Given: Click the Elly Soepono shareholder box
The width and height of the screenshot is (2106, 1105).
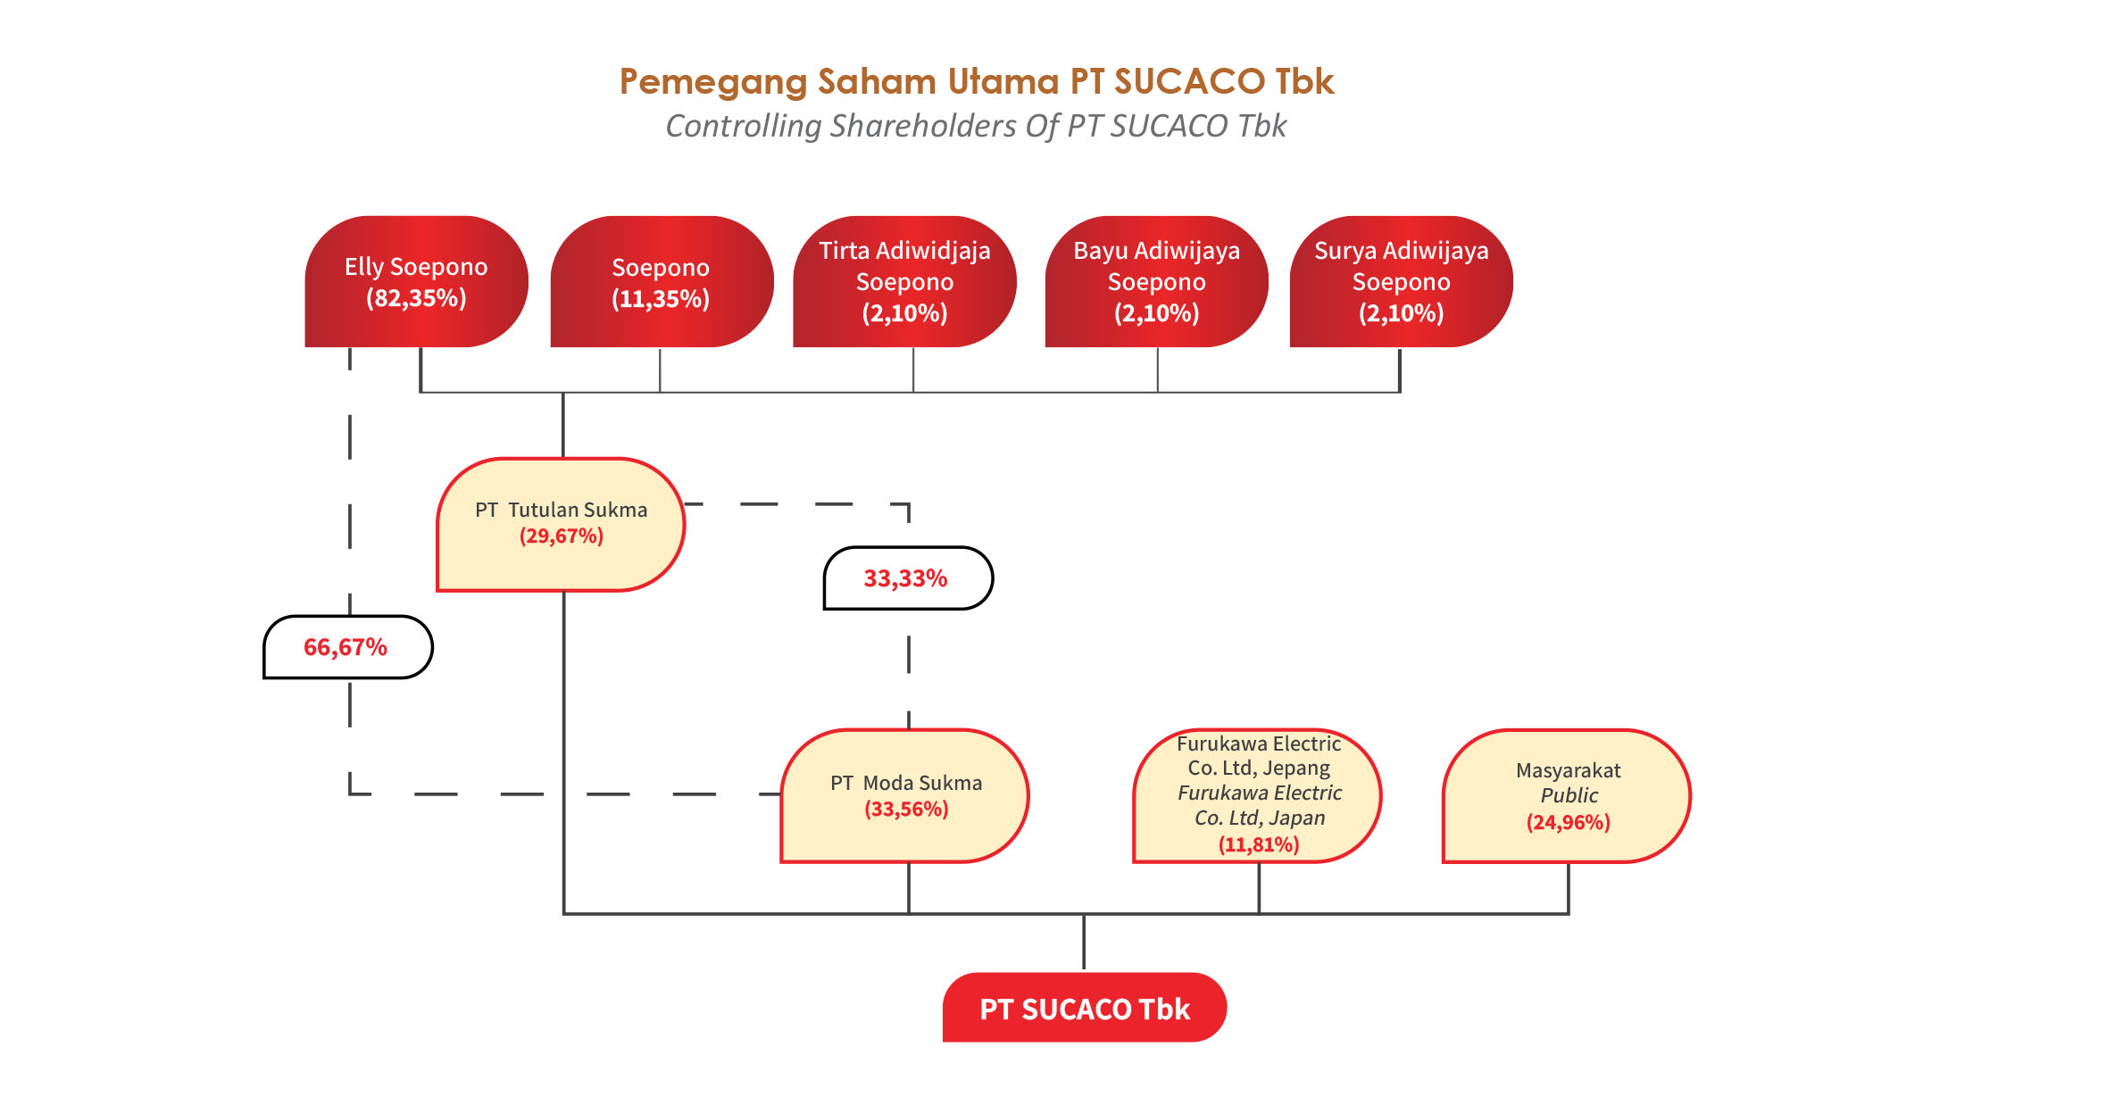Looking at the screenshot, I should (416, 281).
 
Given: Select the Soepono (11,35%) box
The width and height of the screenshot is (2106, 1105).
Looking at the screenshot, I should (661, 281).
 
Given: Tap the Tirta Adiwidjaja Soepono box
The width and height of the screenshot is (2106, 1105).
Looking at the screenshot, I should (904, 281).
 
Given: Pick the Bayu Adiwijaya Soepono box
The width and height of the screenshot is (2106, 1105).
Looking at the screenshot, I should (1156, 281).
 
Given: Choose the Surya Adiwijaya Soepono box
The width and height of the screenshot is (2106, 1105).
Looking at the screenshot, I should (1401, 281).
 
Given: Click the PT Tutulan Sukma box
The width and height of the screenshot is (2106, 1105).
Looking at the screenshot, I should (561, 524).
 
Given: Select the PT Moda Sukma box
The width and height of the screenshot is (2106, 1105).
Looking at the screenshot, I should (905, 795).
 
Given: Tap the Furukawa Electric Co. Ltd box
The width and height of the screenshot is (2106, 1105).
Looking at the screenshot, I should (1258, 793).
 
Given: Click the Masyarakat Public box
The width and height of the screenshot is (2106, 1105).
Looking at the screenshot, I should (1567, 795).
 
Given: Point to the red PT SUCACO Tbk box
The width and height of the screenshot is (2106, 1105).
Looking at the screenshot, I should (1084, 1008).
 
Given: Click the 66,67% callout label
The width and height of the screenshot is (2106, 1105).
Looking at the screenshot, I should (346, 647).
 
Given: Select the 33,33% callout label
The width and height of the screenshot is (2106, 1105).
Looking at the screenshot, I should (906, 578).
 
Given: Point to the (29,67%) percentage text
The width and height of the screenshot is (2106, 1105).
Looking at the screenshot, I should (562, 536).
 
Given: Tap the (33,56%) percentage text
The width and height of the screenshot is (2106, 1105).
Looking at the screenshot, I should (906, 810).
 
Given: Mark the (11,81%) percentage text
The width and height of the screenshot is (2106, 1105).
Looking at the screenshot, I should (1259, 844).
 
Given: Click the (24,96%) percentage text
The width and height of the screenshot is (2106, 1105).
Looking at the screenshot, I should (1569, 822).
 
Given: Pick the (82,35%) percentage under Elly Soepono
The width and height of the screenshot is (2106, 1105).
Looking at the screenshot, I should (416, 298).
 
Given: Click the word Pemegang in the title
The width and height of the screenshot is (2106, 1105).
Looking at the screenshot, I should (713, 82).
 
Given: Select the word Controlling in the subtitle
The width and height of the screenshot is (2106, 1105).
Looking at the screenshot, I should (743, 127).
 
